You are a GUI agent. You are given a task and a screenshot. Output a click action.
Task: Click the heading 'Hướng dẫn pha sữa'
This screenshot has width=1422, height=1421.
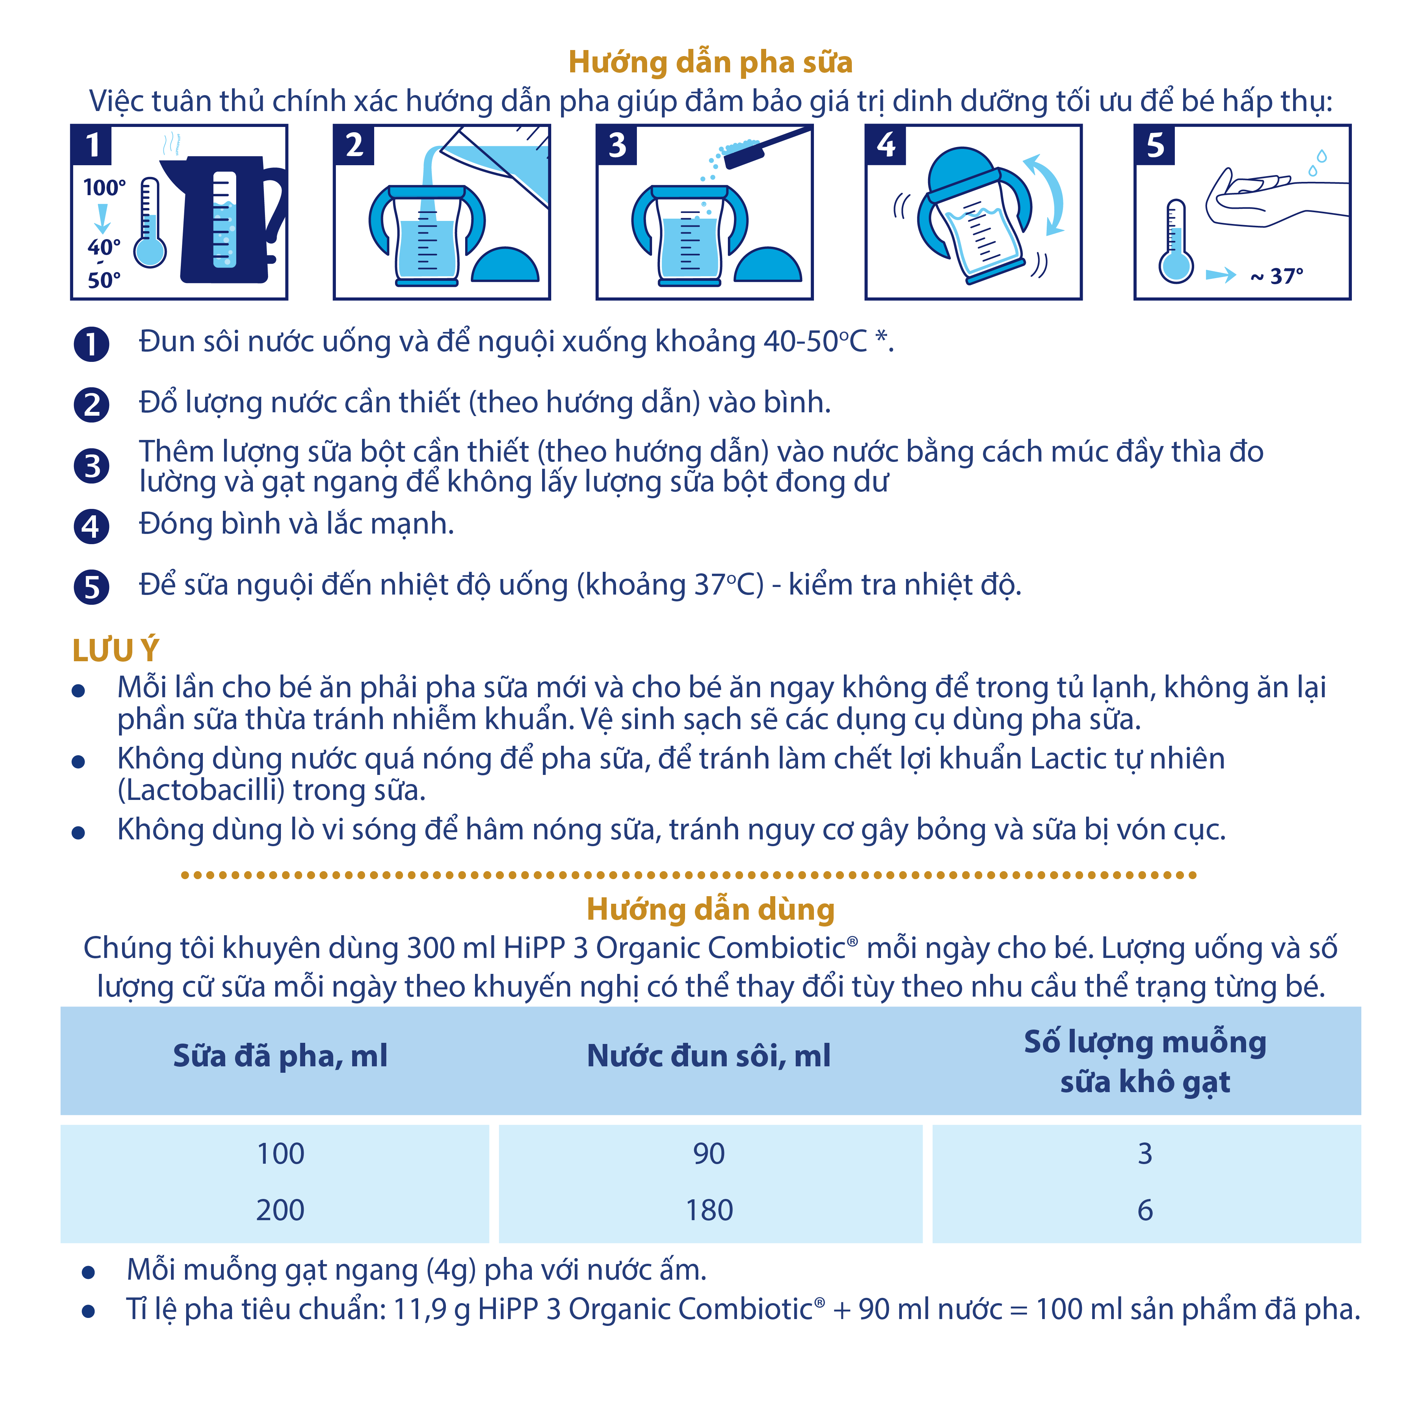pos(710,63)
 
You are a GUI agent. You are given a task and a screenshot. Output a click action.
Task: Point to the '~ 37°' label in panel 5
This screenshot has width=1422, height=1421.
pos(1277,277)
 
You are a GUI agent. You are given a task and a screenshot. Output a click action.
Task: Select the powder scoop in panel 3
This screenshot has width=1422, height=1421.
pos(765,147)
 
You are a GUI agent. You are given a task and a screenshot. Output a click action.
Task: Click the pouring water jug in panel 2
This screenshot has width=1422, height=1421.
pos(500,166)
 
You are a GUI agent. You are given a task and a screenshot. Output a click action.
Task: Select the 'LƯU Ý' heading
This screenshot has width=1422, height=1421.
pos(116,651)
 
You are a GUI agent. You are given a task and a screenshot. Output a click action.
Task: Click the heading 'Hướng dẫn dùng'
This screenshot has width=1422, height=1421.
pos(710,909)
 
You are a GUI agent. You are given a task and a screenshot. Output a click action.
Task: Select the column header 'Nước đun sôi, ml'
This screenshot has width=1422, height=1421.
pos(709,1056)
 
